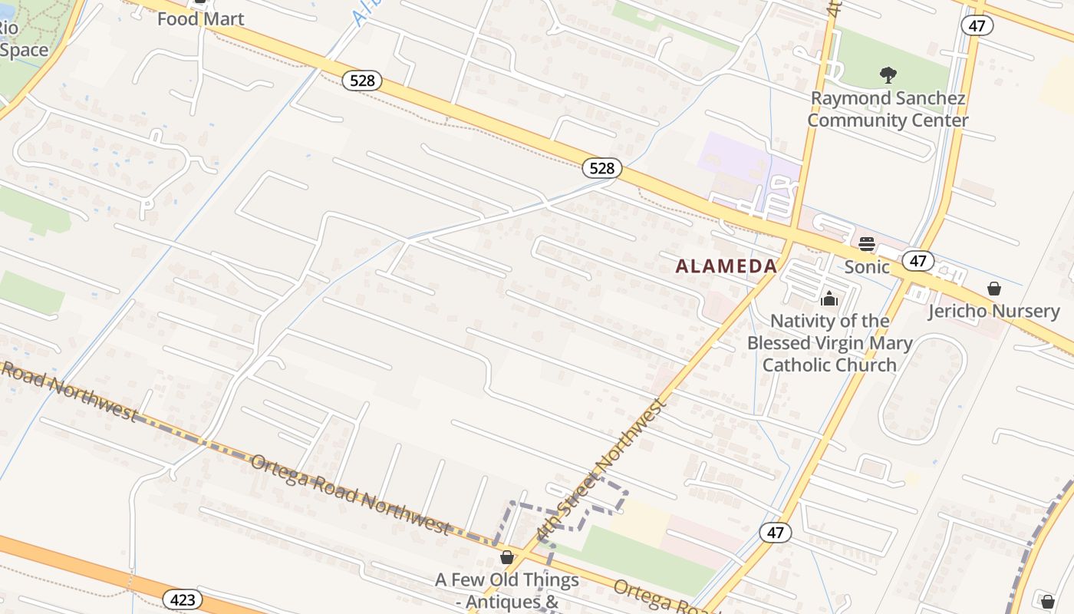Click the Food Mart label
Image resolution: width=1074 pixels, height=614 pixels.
[200, 18]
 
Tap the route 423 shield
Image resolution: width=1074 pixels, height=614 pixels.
[183, 599]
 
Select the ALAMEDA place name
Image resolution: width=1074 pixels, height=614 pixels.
[726, 266]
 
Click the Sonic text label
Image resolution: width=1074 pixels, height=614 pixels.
[867, 267]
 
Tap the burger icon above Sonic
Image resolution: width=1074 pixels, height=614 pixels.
[867, 244]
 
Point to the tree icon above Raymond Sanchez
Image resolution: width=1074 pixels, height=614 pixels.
[888, 75]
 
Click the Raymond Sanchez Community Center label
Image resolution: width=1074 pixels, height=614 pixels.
[888, 109]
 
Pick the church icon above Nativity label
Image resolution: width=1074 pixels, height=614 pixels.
[829, 299]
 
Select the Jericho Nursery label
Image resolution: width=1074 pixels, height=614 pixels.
[993, 311]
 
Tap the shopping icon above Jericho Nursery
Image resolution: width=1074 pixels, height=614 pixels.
[994, 289]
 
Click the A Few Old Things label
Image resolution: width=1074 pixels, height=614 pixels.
[507, 579]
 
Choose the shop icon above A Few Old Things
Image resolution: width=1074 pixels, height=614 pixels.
[506, 557]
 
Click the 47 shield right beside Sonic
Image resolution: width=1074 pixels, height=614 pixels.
[918, 261]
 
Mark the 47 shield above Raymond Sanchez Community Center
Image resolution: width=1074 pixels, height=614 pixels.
[977, 25]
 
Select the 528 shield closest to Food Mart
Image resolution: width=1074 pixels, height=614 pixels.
[361, 81]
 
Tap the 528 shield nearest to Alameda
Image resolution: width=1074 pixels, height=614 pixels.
[601, 168]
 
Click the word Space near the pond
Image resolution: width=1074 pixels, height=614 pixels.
[25, 51]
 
